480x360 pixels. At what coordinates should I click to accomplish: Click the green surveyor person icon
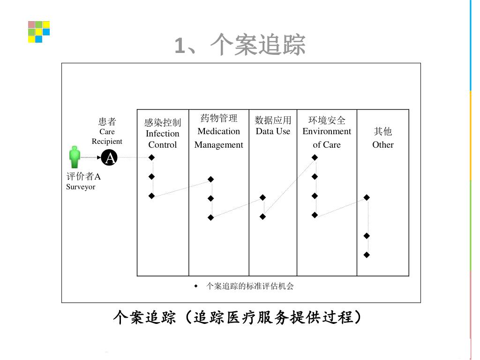pos(75,157)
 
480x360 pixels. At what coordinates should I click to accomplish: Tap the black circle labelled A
pos(110,158)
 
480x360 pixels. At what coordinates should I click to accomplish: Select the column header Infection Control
pos(163,134)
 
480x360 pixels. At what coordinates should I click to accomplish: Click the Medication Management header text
pos(219,132)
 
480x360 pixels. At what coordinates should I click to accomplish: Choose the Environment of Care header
pos(327,132)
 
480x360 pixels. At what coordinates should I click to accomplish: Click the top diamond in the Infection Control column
pos(151,157)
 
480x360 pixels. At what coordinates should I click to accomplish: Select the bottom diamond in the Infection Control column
pos(151,196)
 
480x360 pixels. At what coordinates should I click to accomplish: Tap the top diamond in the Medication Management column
pos(211,179)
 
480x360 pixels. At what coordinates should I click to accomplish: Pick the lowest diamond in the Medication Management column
pos(211,217)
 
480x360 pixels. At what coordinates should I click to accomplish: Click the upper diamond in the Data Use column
pos(263,197)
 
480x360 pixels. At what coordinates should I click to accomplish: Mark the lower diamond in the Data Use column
pos(263,217)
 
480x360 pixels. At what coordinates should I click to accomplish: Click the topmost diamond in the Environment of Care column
pos(315,157)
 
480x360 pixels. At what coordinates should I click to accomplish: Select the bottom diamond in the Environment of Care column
pos(315,215)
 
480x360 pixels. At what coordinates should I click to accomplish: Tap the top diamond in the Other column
pos(367,197)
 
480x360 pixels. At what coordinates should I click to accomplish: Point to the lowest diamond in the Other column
pos(367,255)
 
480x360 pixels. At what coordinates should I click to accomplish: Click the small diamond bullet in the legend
pos(196,286)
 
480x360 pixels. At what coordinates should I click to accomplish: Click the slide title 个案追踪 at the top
pos(240,45)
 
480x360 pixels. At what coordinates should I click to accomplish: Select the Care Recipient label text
pos(107,136)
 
